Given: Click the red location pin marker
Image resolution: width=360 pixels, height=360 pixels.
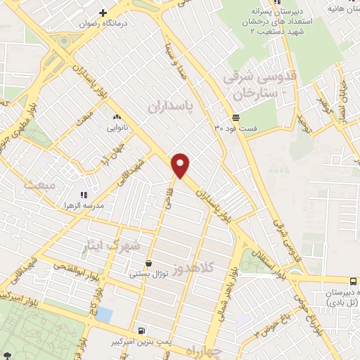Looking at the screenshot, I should point(181,165).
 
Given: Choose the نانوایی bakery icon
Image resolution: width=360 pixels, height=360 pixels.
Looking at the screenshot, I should point(116,118).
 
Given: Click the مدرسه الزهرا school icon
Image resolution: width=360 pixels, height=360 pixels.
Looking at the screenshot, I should point(84,195).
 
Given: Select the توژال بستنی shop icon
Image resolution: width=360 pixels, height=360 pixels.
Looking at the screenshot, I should point(148,264).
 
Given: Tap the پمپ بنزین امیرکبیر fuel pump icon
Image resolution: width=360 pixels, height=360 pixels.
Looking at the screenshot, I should point(143,330).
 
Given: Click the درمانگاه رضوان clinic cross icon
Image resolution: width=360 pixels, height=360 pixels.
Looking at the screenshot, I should point(103,13).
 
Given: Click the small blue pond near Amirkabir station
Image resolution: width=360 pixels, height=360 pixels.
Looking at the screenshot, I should point(103,314).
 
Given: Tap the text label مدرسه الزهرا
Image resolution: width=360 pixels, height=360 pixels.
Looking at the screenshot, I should point(85,206).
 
